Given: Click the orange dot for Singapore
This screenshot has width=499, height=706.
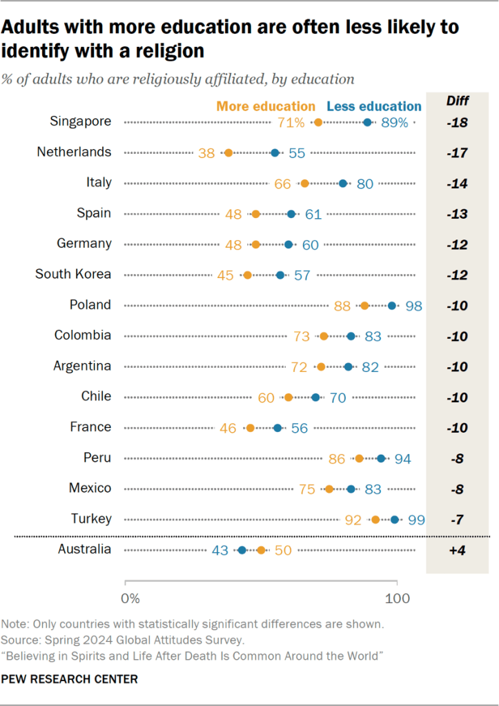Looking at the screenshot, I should coord(318,122).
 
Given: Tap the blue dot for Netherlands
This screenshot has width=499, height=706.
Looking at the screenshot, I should coord(275,153).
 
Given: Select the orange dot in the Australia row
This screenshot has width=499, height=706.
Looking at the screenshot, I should coord(261,550).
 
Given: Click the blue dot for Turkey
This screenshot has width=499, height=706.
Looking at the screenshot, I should coord(395,520).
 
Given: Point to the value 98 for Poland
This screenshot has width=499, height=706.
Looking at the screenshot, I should coord(414,306).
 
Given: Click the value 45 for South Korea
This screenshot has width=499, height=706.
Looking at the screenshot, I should coord(225,275).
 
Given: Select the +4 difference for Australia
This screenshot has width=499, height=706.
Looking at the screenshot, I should coord(456,550).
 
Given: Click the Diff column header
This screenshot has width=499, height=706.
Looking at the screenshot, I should coord(456,101).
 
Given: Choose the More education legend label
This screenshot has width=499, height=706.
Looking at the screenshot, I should coord(265,106).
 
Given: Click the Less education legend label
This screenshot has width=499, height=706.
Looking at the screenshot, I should coord(373,106).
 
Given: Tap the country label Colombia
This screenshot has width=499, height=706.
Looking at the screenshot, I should coord(83,335).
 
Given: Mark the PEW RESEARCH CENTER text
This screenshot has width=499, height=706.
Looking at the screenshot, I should coord(70,679).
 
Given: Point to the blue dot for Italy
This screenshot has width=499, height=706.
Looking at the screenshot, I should coord(343,183).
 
